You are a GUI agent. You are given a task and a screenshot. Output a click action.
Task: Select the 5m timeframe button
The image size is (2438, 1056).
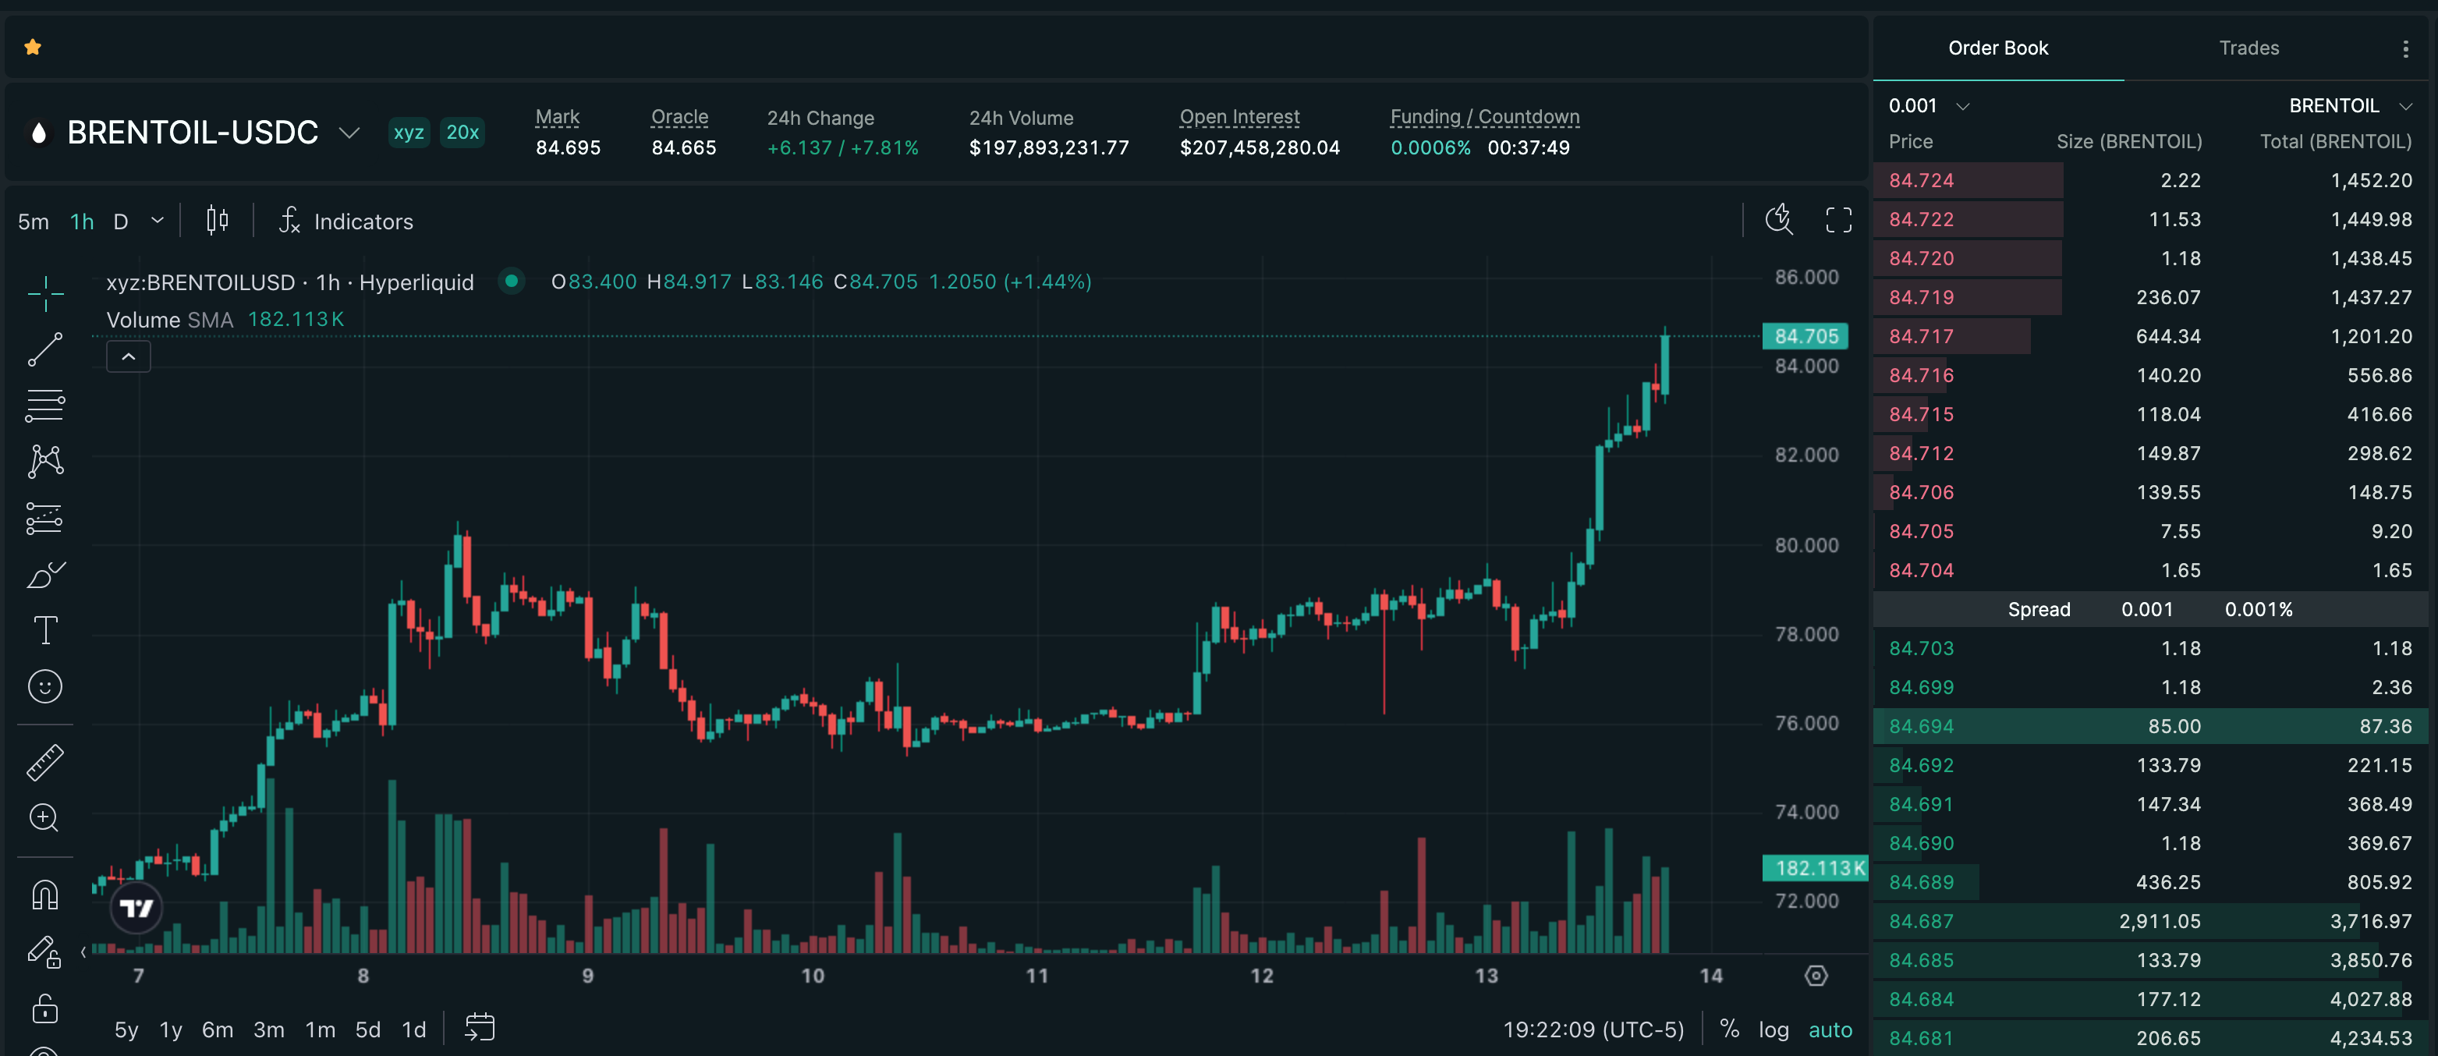click(33, 221)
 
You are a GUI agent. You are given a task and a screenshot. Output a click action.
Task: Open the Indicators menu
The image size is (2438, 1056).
click(346, 221)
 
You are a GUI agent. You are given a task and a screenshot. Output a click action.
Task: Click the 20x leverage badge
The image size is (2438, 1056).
click(462, 133)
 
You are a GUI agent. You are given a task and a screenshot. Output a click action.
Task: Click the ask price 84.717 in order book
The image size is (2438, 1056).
click(1921, 336)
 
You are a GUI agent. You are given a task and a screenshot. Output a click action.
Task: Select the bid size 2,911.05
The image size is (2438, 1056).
click(2160, 921)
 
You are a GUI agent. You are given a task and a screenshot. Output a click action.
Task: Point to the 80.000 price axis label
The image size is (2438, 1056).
click(1807, 545)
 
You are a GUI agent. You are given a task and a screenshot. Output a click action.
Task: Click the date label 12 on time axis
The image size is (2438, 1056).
click(1262, 976)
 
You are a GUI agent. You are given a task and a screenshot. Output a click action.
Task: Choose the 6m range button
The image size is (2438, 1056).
click(218, 1029)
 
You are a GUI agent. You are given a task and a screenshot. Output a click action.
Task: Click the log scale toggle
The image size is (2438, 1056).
click(1774, 1029)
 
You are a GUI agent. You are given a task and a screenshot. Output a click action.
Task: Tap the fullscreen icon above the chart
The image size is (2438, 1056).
click(1838, 221)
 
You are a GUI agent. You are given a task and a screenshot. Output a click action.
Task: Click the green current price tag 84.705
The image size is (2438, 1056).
click(1805, 336)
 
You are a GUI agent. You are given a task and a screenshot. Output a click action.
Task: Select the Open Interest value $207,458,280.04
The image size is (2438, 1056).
click(1260, 147)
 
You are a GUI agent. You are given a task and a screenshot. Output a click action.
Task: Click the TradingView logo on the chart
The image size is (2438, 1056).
click(136, 909)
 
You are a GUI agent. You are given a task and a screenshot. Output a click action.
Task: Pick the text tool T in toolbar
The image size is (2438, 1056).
click(45, 630)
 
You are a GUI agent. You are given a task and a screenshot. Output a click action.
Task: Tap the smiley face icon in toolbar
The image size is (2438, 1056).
click(45, 686)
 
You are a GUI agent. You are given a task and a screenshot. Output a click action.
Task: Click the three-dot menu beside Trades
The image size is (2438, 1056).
click(2406, 48)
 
